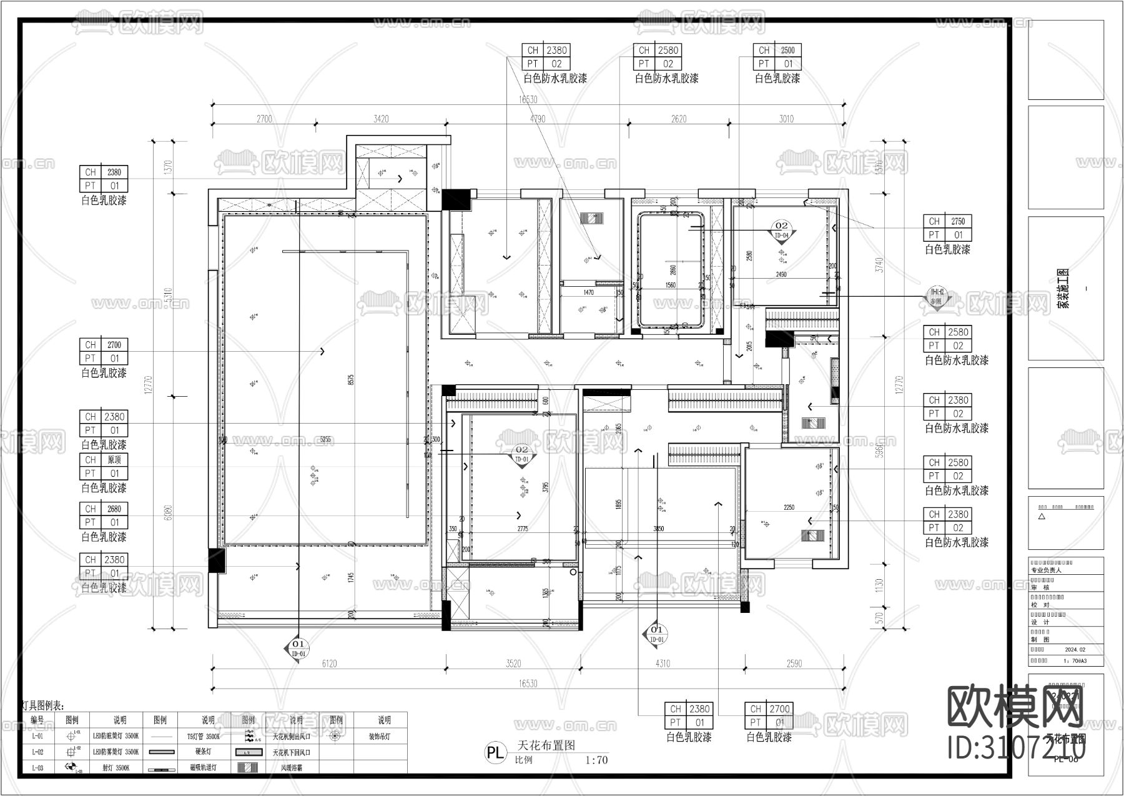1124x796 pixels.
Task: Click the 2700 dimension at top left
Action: [264, 119]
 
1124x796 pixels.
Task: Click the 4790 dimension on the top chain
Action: [537, 119]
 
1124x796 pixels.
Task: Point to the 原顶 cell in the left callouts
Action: [114, 460]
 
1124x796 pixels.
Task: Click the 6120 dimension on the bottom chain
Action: [328, 664]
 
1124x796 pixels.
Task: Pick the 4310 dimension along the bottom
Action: [662, 664]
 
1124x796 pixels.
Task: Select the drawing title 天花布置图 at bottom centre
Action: [546, 745]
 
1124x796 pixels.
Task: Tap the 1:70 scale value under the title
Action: [596, 760]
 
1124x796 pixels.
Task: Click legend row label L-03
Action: [37, 768]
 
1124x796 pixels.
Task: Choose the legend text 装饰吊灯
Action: [378, 737]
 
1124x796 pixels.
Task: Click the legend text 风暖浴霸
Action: [291, 768]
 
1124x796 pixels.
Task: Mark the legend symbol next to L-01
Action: [72, 737]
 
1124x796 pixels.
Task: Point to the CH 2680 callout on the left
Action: [104, 515]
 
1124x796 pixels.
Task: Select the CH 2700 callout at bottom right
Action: [768, 715]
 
